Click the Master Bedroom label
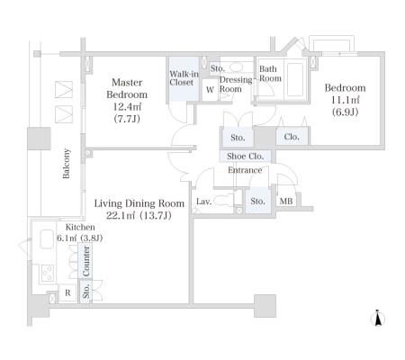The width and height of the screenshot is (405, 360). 127,88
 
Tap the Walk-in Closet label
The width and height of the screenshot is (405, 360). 184,78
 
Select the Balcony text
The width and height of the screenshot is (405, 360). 67,163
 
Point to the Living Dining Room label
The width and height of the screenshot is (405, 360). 139,203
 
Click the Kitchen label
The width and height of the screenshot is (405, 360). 80,227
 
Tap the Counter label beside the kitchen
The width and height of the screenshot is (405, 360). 86,261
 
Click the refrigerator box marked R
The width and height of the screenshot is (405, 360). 67,292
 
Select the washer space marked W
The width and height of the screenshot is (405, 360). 210,89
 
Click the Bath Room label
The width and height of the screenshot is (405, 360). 270,74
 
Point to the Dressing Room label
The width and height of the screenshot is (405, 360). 236,85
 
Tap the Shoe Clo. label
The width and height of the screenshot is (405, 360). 246,156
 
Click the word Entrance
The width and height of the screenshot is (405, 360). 245,170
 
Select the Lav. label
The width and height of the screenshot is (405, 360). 204,202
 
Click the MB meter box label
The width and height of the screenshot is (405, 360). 286,201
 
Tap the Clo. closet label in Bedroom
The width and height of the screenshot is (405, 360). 292,137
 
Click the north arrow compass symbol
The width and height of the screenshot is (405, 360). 378,318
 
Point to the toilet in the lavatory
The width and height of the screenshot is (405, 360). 224,200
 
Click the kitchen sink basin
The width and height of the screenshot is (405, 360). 47,238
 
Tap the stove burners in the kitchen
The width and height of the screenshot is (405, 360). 48,274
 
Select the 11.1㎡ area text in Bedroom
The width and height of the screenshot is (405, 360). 346,100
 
